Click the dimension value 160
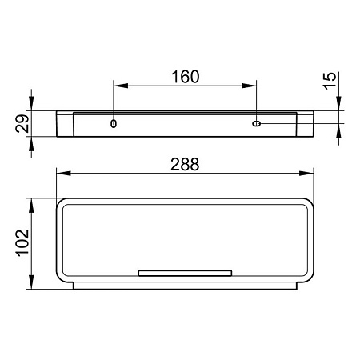(x=185, y=77)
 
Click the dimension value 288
(x=185, y=162)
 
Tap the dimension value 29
(x=22, y=124)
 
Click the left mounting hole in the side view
(x=114, y=123)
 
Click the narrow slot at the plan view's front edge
(x=185, y=273)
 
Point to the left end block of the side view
(x=66, y=124)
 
